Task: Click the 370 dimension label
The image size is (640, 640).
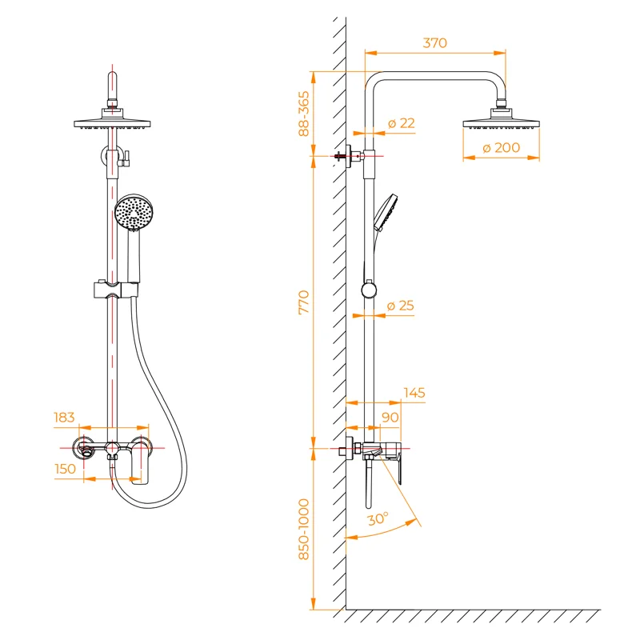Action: click(434, 43)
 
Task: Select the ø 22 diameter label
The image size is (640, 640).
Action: click(401, 123)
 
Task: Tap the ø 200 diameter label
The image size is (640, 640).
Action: click(502, 147)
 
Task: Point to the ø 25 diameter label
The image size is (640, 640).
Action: click(401, 306)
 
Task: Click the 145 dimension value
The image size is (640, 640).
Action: click(414, 393)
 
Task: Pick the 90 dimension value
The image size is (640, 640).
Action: click(390, 418)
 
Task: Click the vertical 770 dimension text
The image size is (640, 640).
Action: click(304, 302)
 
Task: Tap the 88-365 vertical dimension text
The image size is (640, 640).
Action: click(304, 113)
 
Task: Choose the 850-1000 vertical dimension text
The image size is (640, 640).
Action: click(304, 529)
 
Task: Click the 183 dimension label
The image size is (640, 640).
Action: click(64, 418)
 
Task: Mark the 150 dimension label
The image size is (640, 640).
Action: click(66, 469)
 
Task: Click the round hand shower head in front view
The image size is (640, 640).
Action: click(134, 212)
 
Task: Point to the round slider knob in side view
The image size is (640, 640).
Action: click(369, 290)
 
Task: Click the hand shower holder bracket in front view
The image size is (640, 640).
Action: click(114, 289)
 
